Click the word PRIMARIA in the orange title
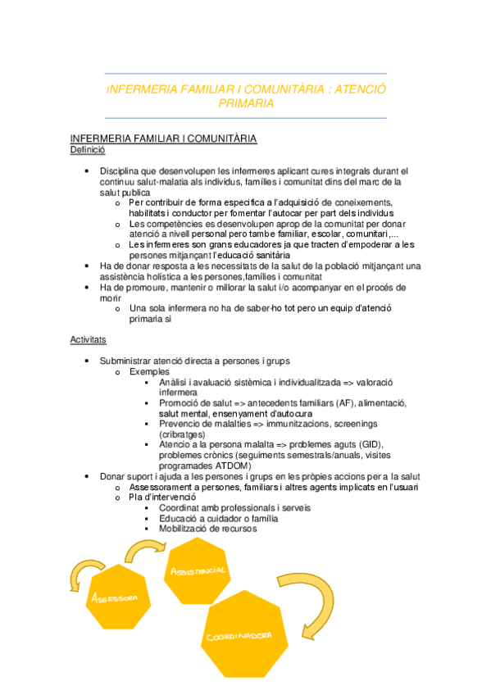point(246,104)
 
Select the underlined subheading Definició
point(87,150)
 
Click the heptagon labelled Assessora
point(116,597)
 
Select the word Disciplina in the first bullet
point(124,170)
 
